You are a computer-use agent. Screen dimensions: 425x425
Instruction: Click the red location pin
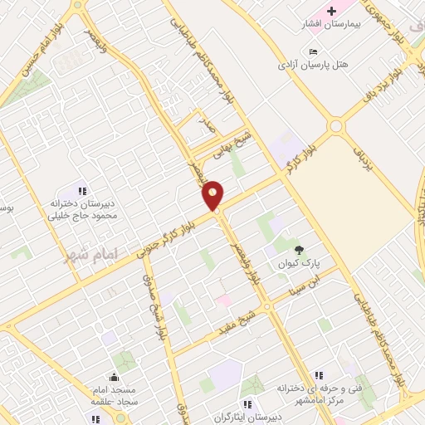(x=213, y=195)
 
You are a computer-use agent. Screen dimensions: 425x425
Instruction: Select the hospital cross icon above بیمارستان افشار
(x=332, y=11)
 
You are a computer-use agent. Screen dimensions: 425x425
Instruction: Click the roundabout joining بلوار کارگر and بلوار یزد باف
(x=335, y=127)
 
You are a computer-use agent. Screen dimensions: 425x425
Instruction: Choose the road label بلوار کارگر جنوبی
(x=167, y=236)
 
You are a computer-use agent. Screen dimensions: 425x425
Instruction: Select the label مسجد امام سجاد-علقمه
(x=114, y=394)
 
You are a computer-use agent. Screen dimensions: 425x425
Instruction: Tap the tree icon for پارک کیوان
(x=300, y=248)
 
